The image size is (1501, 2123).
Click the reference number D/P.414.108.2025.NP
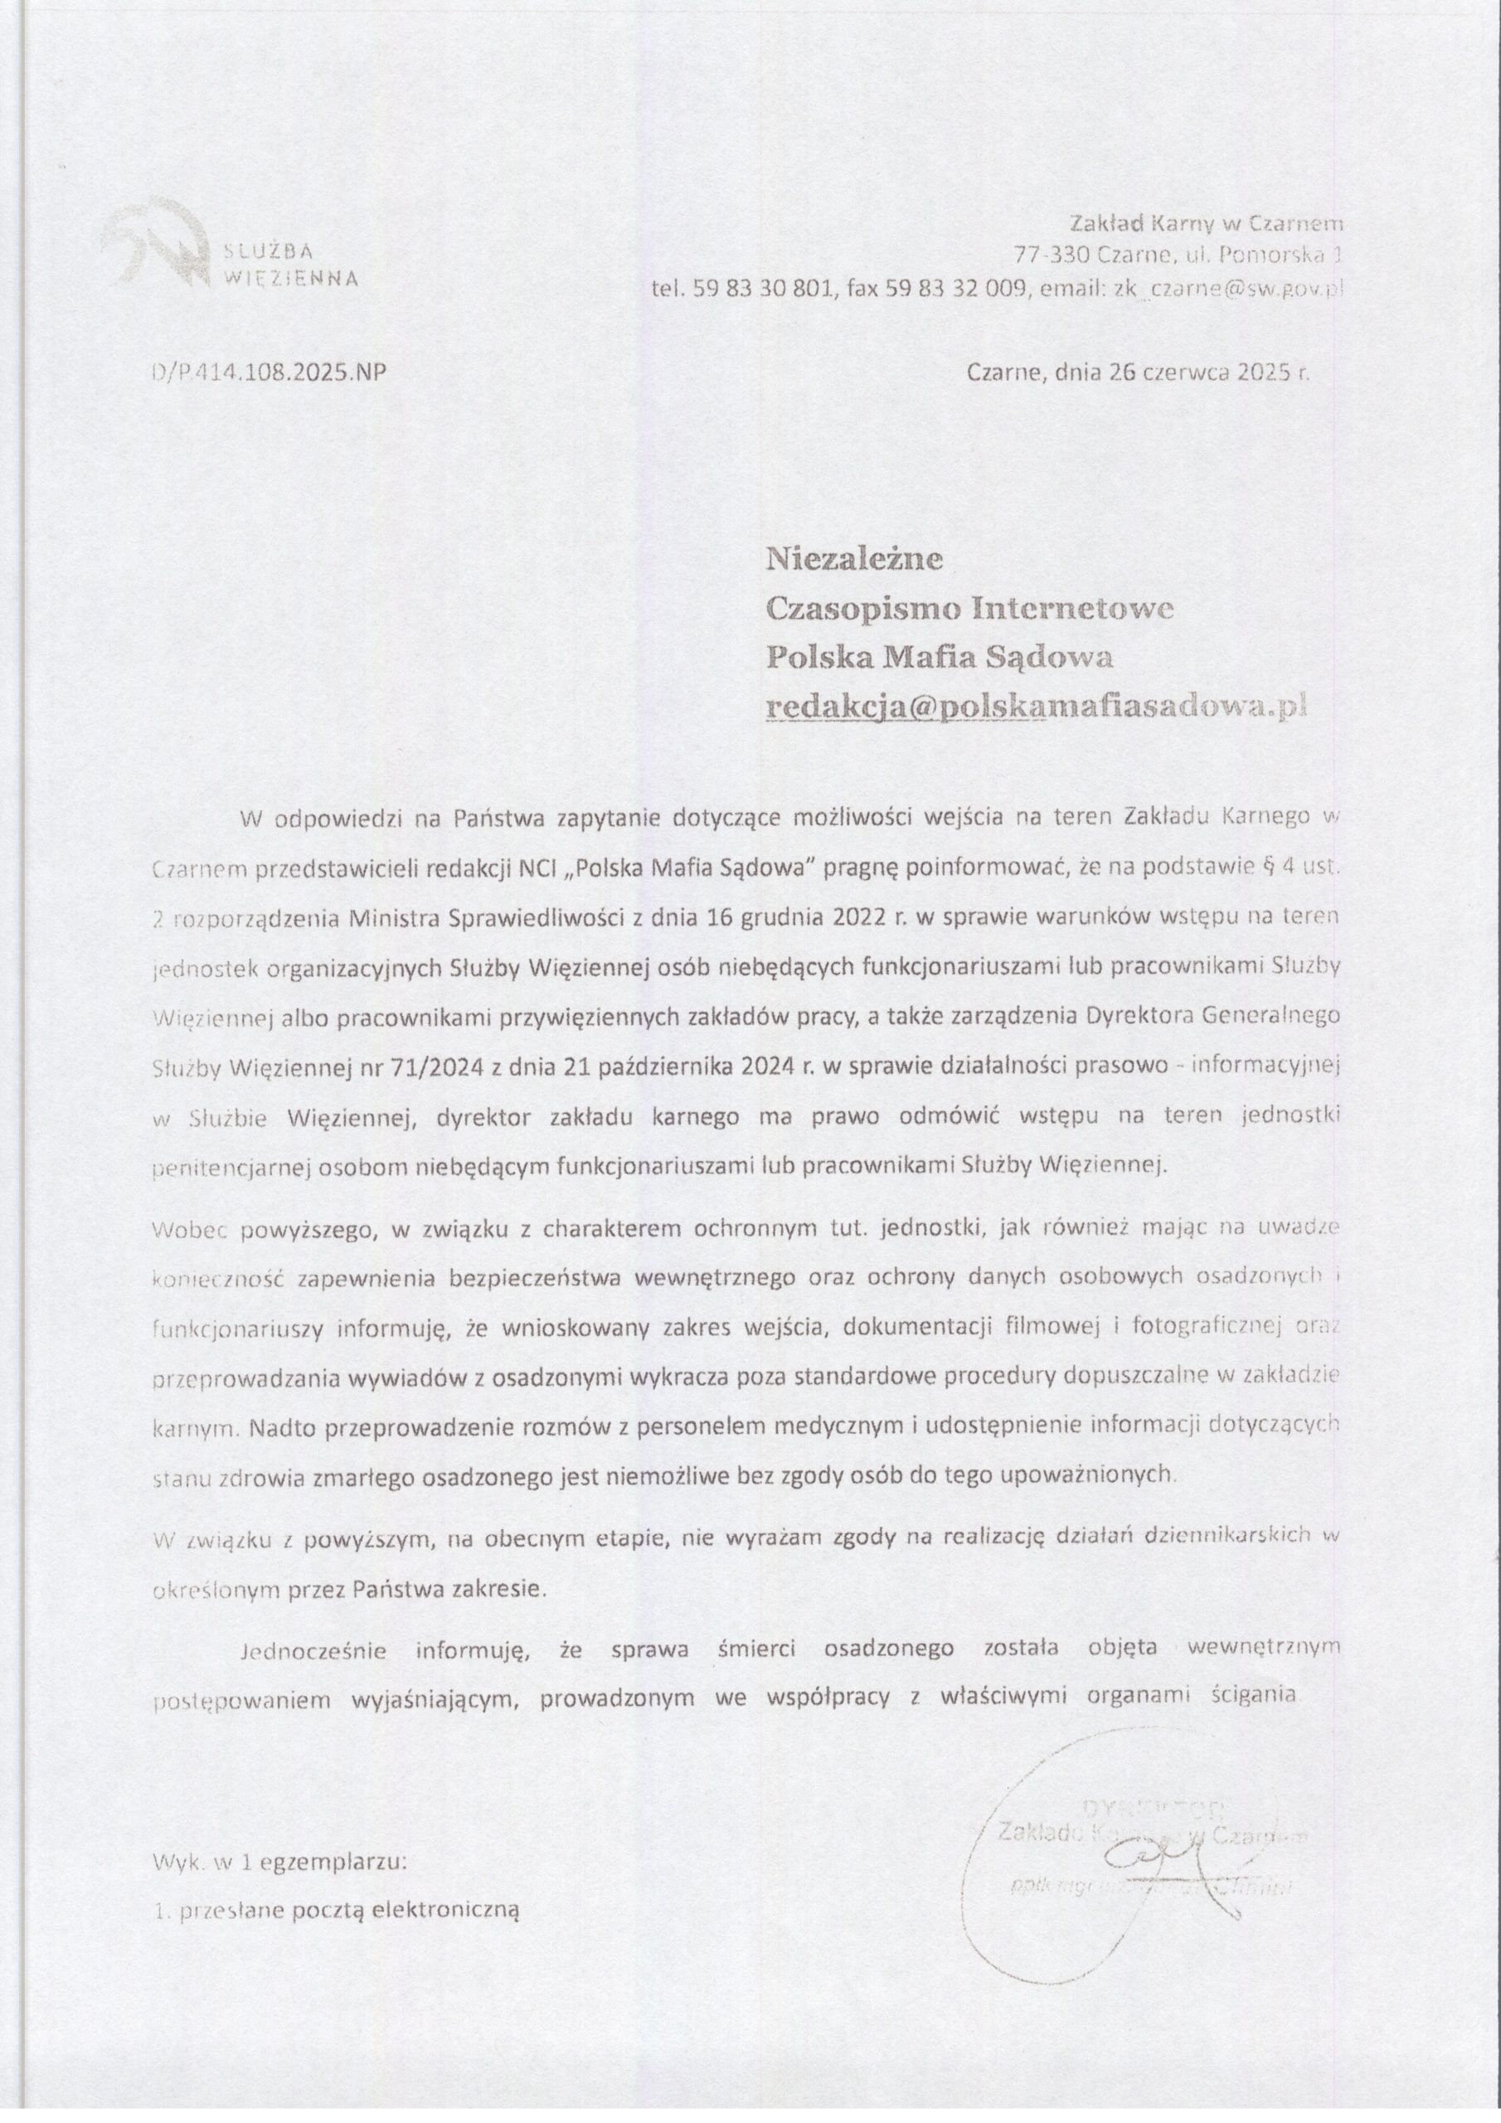[267, 372]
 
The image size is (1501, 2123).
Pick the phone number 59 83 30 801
[763, 289]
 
